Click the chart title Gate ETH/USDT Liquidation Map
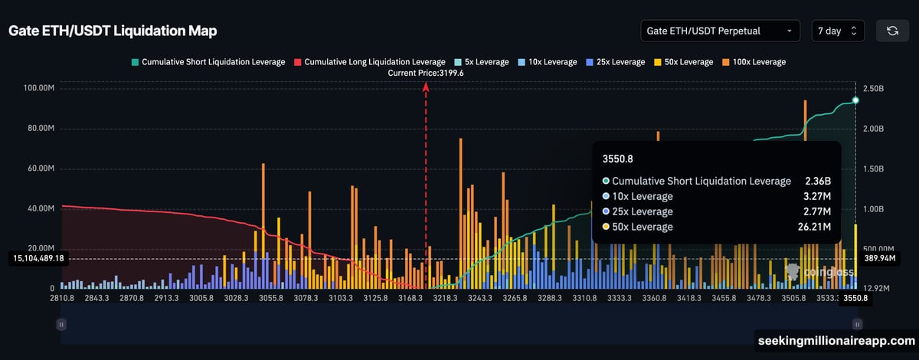(113, 31)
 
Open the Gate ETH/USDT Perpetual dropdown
(720, 31)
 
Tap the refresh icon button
(892, 31)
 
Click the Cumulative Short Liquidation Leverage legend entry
(208, 61)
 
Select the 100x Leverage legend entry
(754, 61)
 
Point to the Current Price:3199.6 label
(426, 73)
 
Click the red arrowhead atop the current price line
(426, 87)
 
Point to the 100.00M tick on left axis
(38, 88)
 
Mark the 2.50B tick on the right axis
(874, 88)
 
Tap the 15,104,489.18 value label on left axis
(38, 259)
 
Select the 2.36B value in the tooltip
(817, 181)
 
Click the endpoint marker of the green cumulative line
(855, 100)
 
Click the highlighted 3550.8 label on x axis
(855, 299)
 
